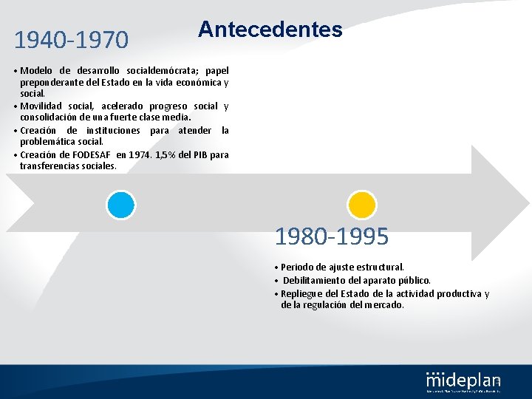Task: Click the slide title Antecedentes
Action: tap(270, 30)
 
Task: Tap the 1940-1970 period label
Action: tap(71, 40)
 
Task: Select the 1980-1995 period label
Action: tap(331, 237)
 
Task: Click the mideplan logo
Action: tap(463, 380)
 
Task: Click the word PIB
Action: tap(200, 155)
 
